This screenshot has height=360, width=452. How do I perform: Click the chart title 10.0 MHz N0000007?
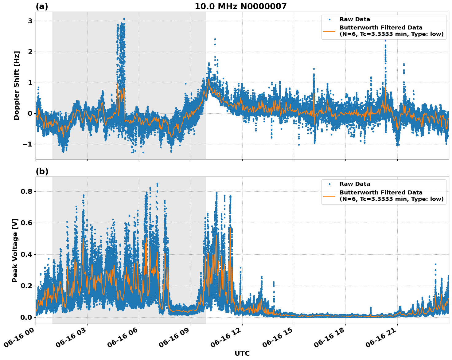[x=240, y=6]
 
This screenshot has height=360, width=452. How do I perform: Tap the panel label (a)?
[x=42, y=6]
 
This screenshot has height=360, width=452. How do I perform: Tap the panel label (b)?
[x=42, y=171]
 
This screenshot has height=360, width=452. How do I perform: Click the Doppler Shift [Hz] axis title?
[x=17, y=85]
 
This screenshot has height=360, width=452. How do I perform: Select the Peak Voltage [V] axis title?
[x=15, y=250]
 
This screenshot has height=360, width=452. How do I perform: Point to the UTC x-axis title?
[x=242, y=353]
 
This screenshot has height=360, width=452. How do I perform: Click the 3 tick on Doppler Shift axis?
[x=30, y=21]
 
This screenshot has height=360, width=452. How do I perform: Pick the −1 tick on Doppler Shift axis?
[x=28, y=144]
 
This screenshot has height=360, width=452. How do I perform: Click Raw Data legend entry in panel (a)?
[x=355, y=19]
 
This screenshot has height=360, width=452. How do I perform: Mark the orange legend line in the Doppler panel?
[x=329, y=31]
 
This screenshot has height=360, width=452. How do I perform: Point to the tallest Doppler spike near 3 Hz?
[x=124, y=19]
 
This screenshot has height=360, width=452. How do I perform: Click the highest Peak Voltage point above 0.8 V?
[x=157, y=184]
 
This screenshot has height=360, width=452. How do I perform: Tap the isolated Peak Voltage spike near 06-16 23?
[x=435, y=264]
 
